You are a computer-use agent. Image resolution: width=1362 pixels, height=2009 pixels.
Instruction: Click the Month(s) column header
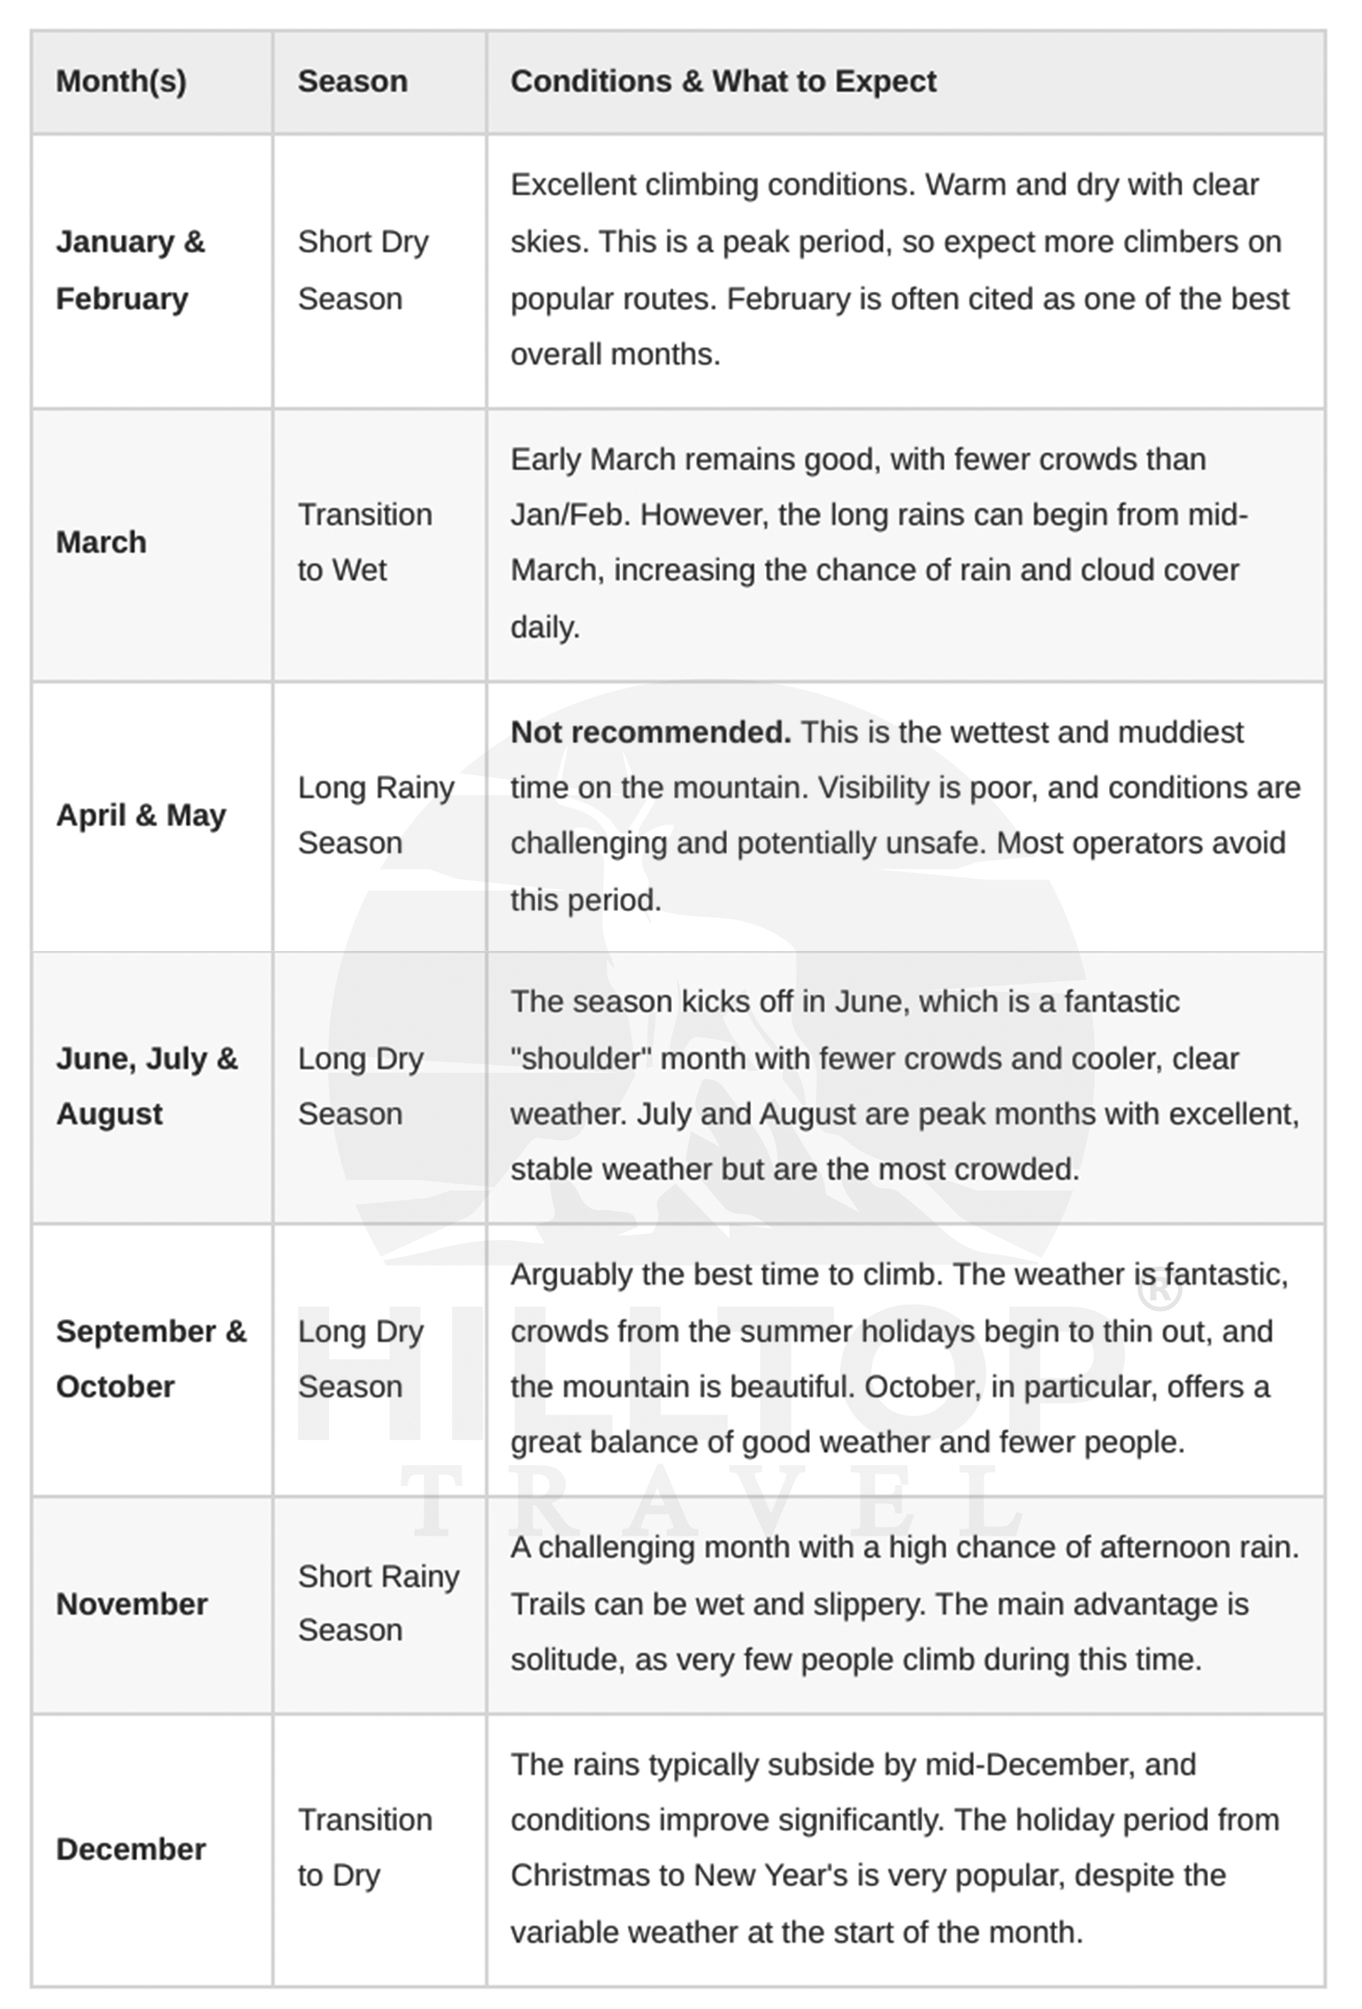click(121, 81)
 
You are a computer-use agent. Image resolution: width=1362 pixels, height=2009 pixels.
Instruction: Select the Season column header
click(352, 81)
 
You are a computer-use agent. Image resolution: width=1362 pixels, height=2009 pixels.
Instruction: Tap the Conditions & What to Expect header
click(723, 81)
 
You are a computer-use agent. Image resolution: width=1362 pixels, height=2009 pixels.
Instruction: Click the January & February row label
click(130, 270)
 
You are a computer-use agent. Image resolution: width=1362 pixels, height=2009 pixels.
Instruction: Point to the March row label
click(101, 542)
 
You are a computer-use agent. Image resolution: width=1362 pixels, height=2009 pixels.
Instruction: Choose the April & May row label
click(141, 815)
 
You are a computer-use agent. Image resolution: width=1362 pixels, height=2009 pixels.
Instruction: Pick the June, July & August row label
click(146, 1085)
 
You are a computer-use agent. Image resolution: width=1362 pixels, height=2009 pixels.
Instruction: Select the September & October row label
click(150, 1358)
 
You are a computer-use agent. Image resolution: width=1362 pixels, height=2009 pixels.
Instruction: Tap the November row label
click(132, 1603)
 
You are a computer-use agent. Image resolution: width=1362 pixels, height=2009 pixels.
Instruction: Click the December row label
click(131, 1848)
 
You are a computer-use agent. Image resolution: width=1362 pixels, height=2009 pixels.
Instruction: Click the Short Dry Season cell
click(363, 270)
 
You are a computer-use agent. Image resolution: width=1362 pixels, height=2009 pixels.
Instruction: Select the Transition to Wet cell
click(364, 542)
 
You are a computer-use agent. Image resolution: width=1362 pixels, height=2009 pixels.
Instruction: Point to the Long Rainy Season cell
click(375, 815)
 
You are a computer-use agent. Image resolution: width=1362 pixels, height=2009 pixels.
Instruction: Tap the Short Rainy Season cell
click(378, 1603)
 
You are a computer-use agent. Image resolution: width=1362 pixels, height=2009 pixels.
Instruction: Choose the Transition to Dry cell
click(364, 1848)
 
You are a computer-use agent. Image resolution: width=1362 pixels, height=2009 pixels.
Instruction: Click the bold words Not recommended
click(650, 732)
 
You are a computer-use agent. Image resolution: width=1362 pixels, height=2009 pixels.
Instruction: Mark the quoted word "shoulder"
click(581, 1058)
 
